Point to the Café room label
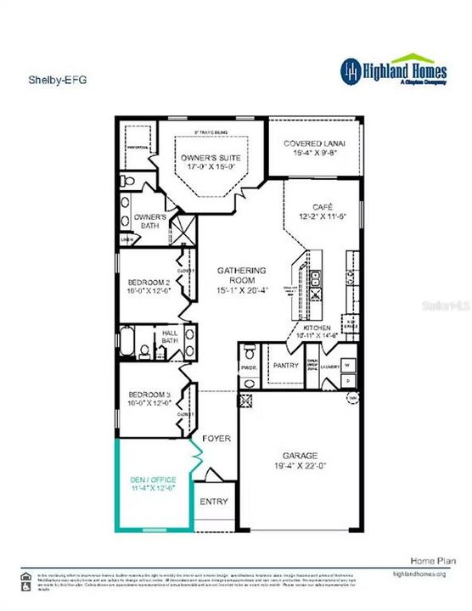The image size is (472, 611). [x=323, y=206]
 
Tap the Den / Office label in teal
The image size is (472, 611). [x=152, y=479]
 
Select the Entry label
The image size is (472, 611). [x=214, y=502]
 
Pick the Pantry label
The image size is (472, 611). [x=287, y=365]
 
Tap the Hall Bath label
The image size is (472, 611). [x=168, y=337]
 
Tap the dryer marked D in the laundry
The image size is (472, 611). [x=347, y=381]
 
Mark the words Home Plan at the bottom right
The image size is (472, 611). [x=422, y=561]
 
